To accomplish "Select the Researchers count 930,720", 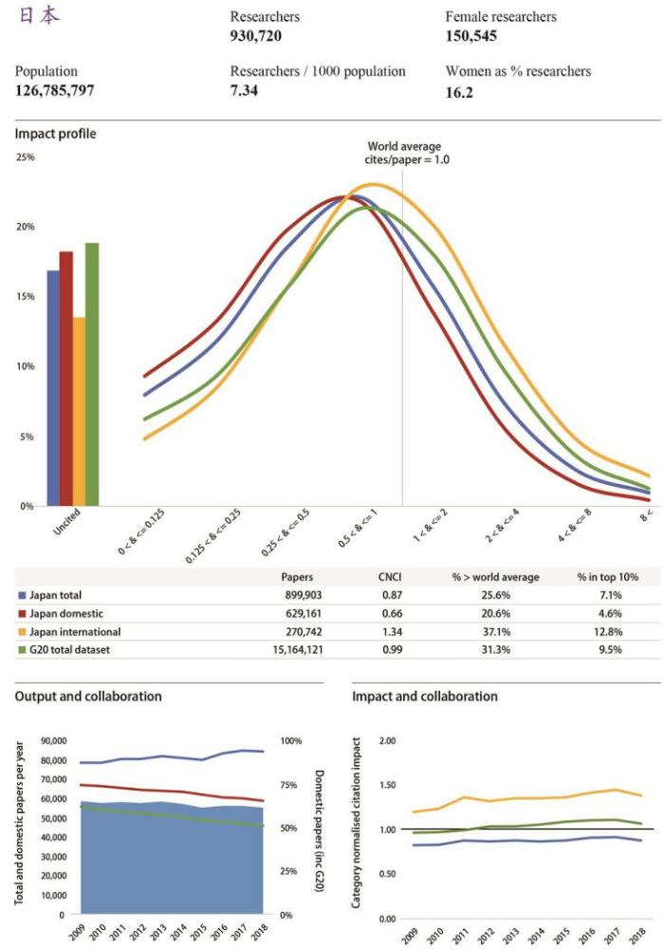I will pos(256,36).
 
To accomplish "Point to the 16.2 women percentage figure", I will pos(457,94).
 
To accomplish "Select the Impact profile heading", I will pos(55,134).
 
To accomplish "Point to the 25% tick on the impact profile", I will pos(25,157).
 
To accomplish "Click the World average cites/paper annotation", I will pos(409,153).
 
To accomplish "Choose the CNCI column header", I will pos(392,577).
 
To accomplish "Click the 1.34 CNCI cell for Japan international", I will pos(392,631).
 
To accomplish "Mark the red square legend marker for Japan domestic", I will pos(22,613).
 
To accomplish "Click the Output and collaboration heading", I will pos(87,696).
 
